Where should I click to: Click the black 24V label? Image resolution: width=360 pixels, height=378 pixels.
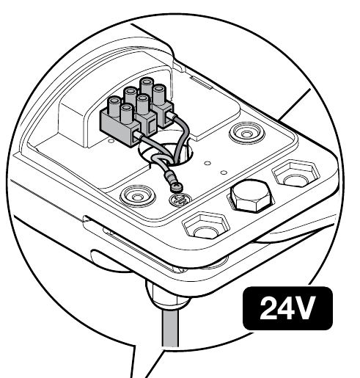(287, 308)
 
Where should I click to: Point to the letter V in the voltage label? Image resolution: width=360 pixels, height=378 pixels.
(303, 308)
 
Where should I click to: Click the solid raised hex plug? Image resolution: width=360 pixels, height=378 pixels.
(251, 197)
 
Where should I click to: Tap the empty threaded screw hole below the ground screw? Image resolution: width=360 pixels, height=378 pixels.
(180, 200)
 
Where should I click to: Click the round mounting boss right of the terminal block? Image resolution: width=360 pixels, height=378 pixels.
(247, 134)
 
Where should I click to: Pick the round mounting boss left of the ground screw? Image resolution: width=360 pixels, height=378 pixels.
(138, 197)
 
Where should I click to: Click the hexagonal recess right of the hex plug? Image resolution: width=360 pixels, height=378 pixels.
(296, 174)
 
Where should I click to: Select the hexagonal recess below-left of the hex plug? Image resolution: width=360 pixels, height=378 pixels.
(206, 225)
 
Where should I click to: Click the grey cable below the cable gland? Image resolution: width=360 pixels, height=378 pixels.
(170, 328)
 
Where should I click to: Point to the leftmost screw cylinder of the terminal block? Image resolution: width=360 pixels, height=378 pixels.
(114, 106)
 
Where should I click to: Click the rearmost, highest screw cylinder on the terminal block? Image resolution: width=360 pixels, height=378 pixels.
(147, 87)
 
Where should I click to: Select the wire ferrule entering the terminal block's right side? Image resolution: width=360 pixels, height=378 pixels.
(172, 115)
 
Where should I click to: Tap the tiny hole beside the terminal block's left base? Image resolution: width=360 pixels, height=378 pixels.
(111, 141)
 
